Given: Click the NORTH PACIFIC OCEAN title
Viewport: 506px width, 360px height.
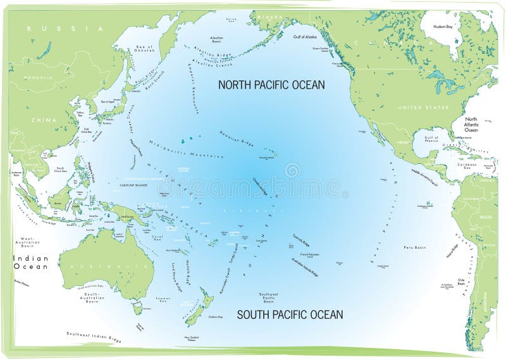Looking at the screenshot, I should [271, 84].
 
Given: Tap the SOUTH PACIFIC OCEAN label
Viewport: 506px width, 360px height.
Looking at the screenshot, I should [290, 314].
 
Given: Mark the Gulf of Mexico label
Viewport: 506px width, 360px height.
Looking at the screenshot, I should [431, 139].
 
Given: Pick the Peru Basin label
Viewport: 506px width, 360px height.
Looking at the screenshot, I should [413, 247].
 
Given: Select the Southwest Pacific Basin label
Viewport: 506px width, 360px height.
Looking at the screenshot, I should [273, 297].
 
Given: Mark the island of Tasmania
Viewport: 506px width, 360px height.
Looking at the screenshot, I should [137, 308].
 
